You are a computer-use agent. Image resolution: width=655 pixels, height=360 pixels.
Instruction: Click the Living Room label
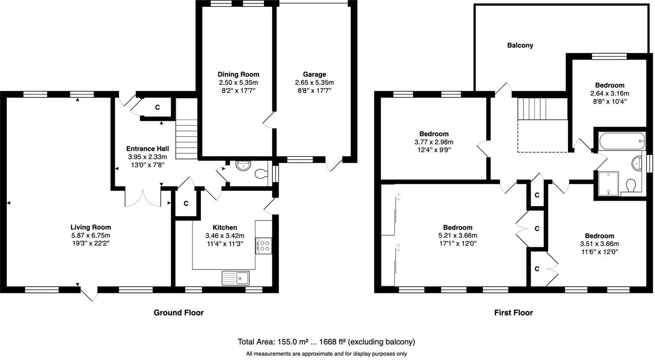tap(90, 227)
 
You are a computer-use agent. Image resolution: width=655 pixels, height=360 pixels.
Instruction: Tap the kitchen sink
tap(235, 278)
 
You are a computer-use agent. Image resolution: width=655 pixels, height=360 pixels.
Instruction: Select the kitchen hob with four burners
tap(264, 246)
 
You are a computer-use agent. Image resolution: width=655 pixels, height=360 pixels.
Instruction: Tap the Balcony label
tap(520, 45)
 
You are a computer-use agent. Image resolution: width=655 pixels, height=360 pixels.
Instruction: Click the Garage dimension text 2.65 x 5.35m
tap(314, 83)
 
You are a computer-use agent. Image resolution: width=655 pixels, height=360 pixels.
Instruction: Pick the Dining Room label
tap(238, 74)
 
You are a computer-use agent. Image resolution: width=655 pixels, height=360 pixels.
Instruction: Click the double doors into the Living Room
tap(142, 198)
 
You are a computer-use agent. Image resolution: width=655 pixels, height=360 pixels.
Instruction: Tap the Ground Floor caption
tap(178, 312)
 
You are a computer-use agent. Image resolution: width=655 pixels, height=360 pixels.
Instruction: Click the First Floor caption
tap(513, 312)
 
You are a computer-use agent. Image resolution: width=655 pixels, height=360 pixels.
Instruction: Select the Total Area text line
tap(326, 342)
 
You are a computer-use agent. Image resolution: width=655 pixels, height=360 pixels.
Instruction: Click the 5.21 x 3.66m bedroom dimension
tap(457, 235)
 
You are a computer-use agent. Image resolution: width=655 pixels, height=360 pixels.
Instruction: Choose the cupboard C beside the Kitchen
tap(186, 204)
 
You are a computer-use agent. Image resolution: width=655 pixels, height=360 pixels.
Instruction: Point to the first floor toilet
tap(631, 186)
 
